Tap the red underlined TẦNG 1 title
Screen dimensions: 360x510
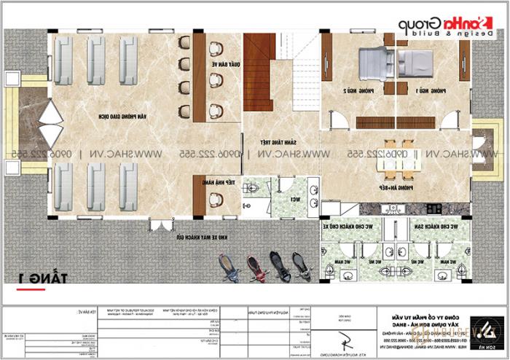tap(28, 277)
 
